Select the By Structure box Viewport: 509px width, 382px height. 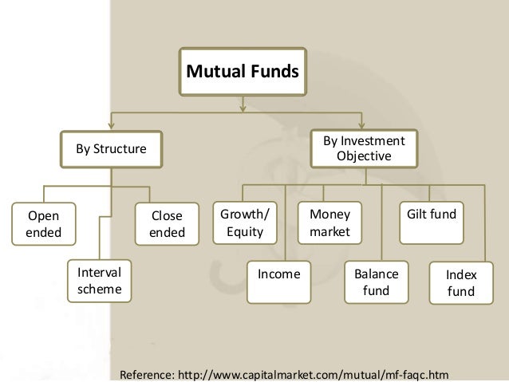[x=111, y=148]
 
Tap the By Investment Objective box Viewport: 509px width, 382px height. [x=363, y=148]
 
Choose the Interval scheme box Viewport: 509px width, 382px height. [x=99, y=281]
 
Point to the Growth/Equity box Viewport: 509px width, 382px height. [x=245, y=224]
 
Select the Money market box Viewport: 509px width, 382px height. [x=329, y=224]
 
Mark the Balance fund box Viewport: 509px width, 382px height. [x=375, y=282]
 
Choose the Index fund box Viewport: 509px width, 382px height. [x=460, y=283]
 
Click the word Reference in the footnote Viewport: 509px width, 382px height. [x=146, y=373]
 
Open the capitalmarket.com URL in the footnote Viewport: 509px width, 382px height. [x=319, y=373]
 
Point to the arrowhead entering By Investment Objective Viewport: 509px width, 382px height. [x=363, y=124]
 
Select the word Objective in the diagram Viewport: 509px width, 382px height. [x=364, y=156]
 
